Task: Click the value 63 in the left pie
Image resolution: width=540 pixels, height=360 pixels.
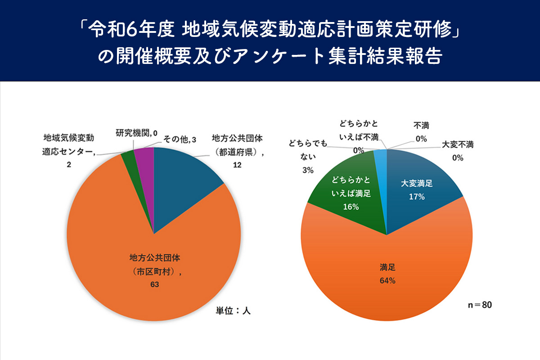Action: [155, 284]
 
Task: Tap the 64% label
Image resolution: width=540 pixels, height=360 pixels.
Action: [387, 281]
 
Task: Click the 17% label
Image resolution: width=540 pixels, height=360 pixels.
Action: [417, 197]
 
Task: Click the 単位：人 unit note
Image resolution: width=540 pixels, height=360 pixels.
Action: [233, 311]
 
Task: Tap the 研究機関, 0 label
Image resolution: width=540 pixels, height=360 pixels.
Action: [136, 133]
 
